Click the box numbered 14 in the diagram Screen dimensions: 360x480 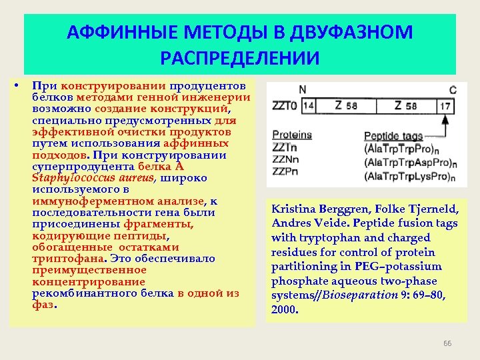[x=309, y=105]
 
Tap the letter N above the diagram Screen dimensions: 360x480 [x=303, y=90]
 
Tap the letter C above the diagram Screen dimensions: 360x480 [x=453, y=90]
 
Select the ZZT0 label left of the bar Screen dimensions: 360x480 [x=285, y=105]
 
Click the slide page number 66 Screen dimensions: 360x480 [x=447, y=343]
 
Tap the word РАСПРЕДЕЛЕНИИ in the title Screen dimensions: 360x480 [x=240, y=56]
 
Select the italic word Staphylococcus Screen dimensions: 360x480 [x=65, y=178]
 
